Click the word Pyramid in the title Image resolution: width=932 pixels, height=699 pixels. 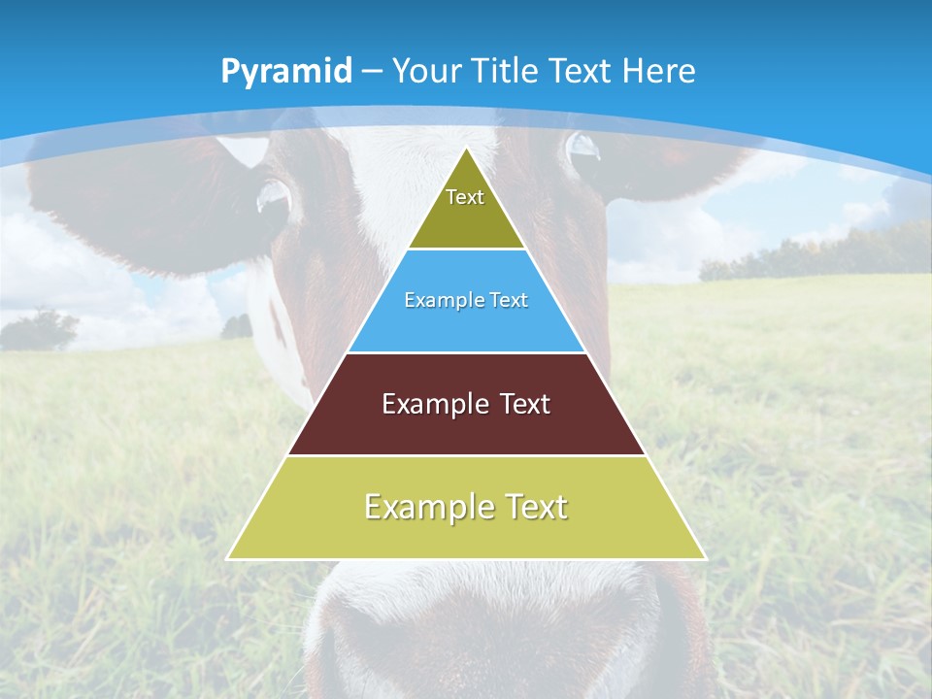pyautogui.click(x=286, y=72)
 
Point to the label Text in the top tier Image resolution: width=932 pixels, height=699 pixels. pyautogui.click(x=465, y=197)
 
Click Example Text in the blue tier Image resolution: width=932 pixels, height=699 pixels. pyautogui.click(x=466, y=300)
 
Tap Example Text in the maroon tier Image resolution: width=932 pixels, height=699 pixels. pyautogui.click(x=466, y=404)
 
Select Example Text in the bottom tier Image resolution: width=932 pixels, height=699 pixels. pyautogui.click(x=466, y=507)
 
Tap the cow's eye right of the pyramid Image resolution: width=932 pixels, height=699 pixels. pyautogui.click(x=583, y=149)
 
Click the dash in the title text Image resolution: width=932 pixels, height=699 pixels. pyautogui.click(x=373, y=72)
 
